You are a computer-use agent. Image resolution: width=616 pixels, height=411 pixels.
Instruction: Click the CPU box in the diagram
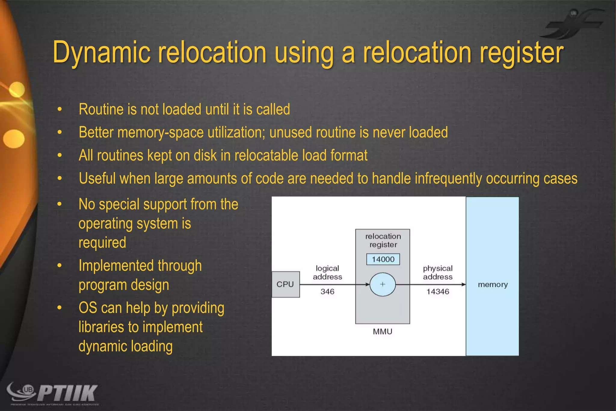[285, 284]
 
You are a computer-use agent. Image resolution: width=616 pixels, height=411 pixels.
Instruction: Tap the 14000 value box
[383, 259]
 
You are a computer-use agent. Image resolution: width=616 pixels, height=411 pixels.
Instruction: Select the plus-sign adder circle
[382, 284]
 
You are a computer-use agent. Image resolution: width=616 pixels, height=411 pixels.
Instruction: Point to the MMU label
[382, 332]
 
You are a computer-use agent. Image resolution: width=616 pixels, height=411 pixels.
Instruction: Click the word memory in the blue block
[493, 285]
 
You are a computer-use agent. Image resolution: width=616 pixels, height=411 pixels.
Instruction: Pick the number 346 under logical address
[327, 291]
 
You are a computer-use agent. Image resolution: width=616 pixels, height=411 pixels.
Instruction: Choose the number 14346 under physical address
[438, 291]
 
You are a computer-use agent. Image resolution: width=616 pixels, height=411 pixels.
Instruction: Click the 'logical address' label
[327, 272]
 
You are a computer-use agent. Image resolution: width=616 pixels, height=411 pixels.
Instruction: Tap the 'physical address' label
[438, 272]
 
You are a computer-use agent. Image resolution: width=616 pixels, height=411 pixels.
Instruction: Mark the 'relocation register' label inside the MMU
[383, 240]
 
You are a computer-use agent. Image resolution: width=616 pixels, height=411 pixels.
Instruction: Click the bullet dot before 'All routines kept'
[60, 155]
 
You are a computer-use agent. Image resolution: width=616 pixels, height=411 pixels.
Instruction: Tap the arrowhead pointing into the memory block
[464, 285]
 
